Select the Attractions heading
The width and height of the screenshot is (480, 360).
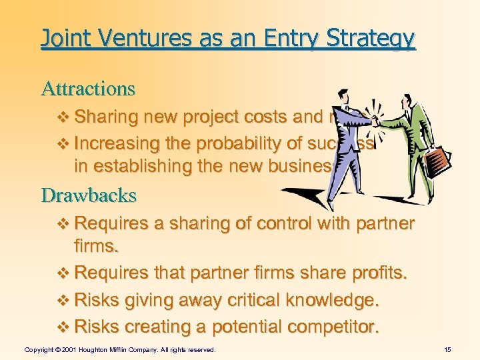click(x=88, y=88)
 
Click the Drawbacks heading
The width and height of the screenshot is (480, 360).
click(x=89, y=195)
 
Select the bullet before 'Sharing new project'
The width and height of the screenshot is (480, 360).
click(x=64, y=118)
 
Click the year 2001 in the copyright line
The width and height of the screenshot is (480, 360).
click(x=75, y=349)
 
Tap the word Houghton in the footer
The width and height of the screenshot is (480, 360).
click(x=101, y=349)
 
